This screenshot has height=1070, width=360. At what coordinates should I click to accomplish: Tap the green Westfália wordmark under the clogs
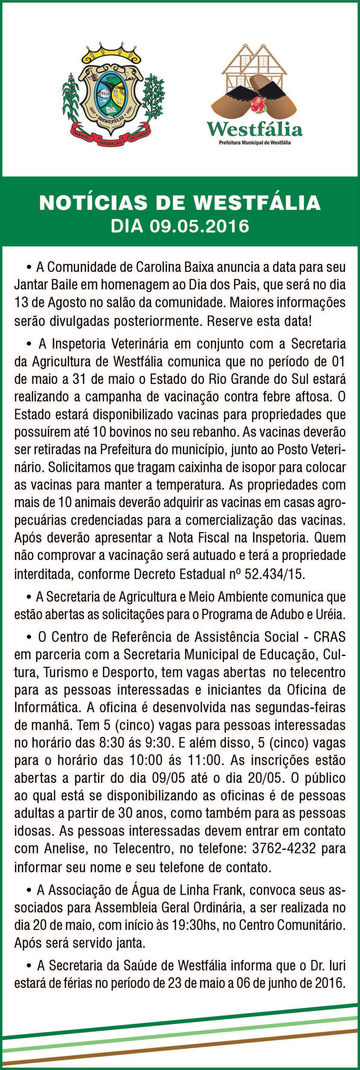tap(255, 130)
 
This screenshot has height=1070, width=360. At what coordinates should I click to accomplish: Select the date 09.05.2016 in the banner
tap(200, 227)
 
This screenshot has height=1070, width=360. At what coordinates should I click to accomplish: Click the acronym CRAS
tap(330, 637)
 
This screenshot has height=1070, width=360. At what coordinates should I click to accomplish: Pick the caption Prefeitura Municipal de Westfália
tap(255, 143)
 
